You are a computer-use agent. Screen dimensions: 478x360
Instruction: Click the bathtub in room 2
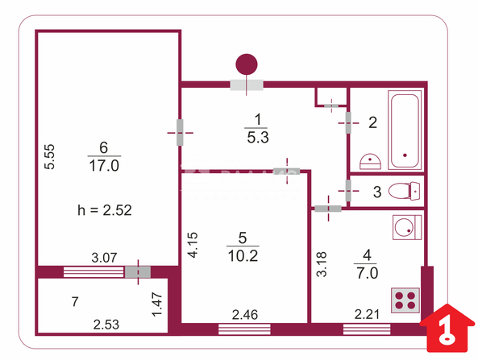coord(405,130)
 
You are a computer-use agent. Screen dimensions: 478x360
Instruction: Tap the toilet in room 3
coord(404,191)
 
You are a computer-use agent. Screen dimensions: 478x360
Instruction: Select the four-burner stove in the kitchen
coord(405,300)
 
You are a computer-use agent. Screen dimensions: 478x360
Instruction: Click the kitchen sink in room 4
coord(407,227)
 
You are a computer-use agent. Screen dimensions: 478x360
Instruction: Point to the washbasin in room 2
coord(370,161)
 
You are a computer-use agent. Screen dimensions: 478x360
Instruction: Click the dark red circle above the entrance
coord(247,64)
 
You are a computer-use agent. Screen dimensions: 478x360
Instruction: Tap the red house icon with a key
coord(447,329)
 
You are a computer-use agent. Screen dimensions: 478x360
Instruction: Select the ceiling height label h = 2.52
coord(105,210)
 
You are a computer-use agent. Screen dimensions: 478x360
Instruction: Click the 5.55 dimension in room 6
coord(49,156)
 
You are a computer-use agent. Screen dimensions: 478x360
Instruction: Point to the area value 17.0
coord(104,166)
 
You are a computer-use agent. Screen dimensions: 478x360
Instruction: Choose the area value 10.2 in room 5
coord(243,256)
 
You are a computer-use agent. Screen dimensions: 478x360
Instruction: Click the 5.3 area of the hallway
coord(258,138)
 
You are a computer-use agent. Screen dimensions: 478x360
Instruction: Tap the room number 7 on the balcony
coord(75,301)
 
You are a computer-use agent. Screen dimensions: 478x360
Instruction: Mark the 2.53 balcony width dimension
coord(106,325)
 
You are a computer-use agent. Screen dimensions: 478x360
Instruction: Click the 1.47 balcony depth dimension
coord(157,304)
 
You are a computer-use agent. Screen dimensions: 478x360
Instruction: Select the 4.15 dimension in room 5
coord(193,245)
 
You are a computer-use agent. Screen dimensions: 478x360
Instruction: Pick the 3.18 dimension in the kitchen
coord(322,264)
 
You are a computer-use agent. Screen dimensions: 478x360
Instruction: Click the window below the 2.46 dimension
coord(244,329)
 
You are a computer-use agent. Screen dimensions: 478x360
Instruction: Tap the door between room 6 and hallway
coord(180,133)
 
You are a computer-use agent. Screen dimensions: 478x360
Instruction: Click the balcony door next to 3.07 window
coord(138,272)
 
